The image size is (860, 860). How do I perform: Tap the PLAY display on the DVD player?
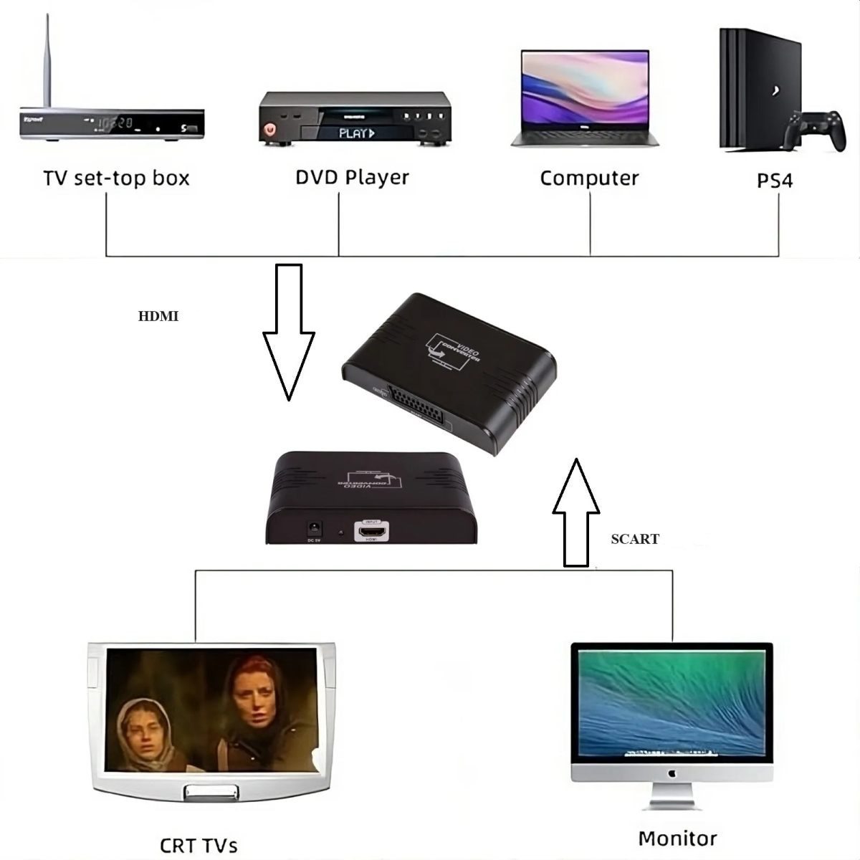point(356,133)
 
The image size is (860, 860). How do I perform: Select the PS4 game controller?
point(814,130)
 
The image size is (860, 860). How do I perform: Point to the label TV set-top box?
point(116,178)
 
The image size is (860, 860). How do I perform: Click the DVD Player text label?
point(352,177)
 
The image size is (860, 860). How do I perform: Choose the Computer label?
point(589,178)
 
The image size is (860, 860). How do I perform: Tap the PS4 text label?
point(775,181)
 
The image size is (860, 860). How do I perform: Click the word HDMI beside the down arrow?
point(158,316)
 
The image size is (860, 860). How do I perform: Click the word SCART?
point(635,539)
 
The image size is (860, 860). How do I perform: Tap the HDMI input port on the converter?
point(372,531)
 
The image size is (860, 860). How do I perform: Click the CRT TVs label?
point(199,845)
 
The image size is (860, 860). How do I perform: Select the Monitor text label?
point(677,838)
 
